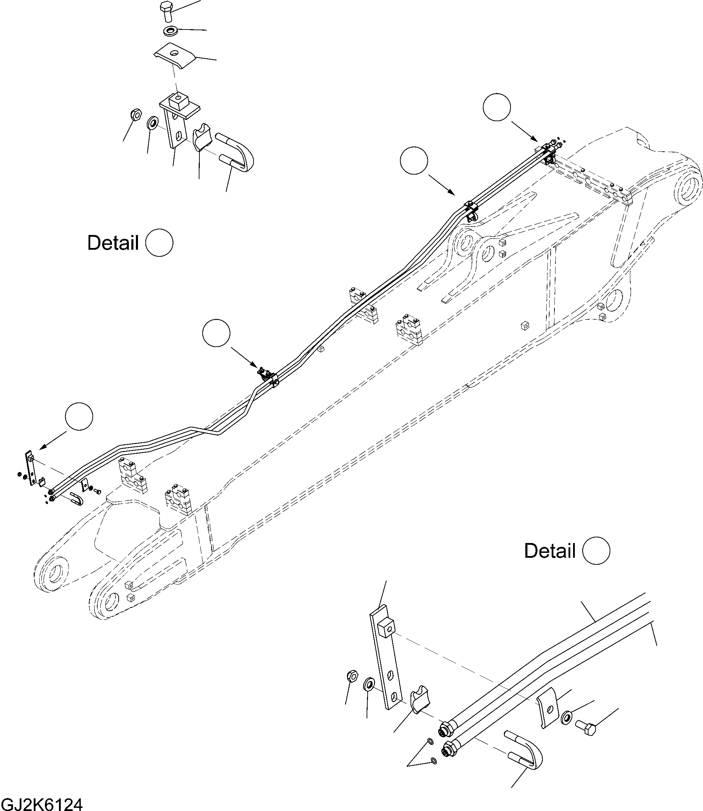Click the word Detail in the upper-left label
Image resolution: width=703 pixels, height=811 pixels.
click(x=113, y=243)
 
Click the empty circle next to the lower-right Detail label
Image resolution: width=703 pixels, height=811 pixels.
click(x=596, y=551)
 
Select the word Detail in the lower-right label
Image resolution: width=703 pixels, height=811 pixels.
click(x=550, y=551)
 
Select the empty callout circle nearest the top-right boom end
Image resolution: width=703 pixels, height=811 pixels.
click(x=497, y=107)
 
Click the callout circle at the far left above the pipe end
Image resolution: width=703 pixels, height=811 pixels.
click(x=79, y=416)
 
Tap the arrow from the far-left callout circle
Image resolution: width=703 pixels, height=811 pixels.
click(x=53, y=440)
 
